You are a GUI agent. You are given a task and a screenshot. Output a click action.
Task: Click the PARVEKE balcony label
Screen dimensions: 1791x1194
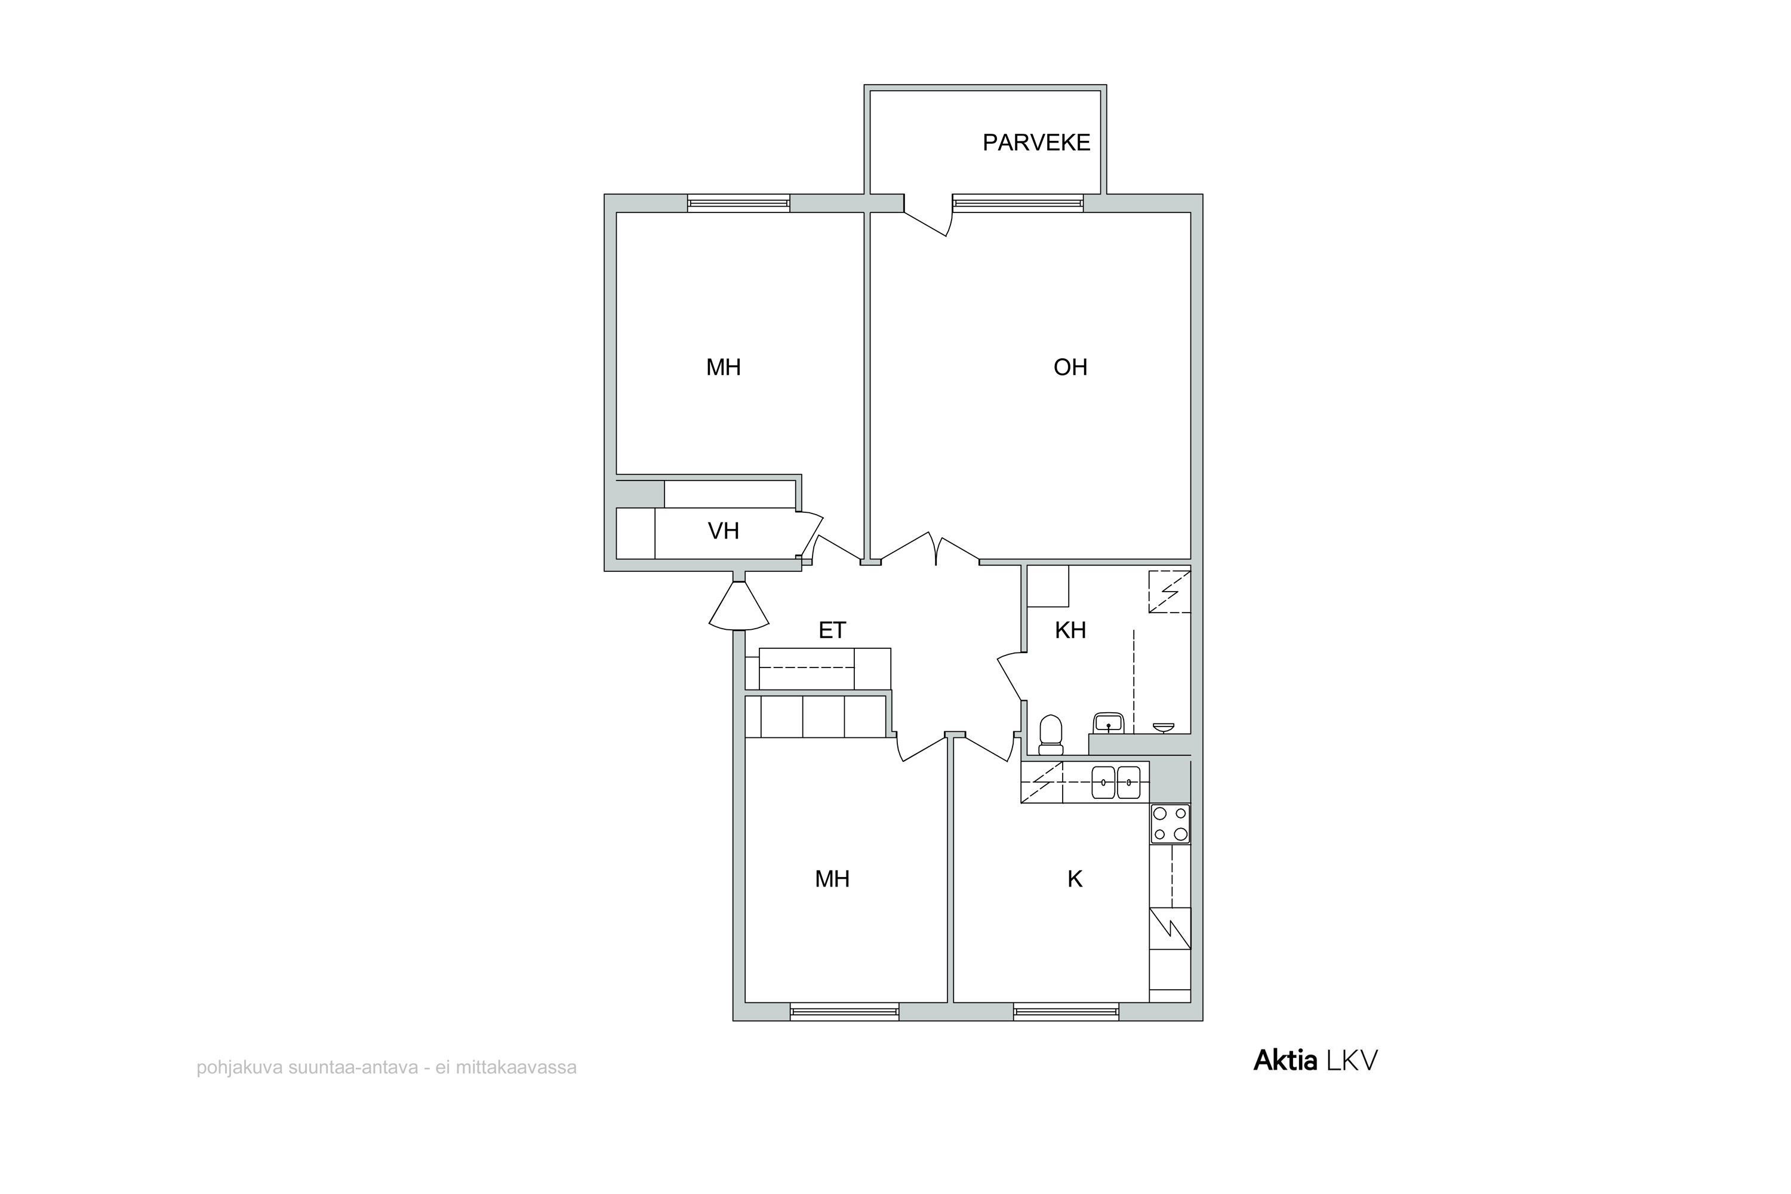pos(1036,143)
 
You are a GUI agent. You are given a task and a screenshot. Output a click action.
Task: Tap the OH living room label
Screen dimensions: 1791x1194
pos(1070,367)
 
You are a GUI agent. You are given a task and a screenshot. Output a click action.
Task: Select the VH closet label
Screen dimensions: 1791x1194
pos(724,531)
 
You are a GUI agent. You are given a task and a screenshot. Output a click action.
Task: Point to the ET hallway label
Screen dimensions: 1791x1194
pos(832,630)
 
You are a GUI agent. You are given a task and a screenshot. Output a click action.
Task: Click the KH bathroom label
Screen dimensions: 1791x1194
pos(1070,630)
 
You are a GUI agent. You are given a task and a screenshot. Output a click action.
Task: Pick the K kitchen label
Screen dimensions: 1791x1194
pos(1075,879)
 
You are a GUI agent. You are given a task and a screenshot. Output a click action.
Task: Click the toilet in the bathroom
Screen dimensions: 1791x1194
pos(1051,734)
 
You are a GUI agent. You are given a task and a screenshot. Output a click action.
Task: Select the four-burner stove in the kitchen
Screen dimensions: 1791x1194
pos(1170,824)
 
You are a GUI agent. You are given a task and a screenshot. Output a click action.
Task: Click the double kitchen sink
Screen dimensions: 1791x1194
pos(1116,782)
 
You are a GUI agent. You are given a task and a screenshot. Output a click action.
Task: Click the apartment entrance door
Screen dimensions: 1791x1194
pos(738,606)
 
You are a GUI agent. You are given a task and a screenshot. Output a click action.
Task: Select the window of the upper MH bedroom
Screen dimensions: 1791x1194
pos(738,204)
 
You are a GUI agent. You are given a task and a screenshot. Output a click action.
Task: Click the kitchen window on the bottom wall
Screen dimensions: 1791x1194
pos(1066,1012)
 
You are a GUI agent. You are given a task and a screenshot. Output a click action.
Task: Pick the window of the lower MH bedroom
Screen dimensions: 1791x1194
pos(845,1012)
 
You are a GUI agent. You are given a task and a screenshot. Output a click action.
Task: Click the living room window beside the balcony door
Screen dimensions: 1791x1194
pos(1017,204)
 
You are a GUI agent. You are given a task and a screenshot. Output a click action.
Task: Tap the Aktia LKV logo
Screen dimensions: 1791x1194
pos(1315,1061)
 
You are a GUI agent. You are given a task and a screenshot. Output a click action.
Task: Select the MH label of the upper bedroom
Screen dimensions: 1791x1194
pos(724,367)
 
